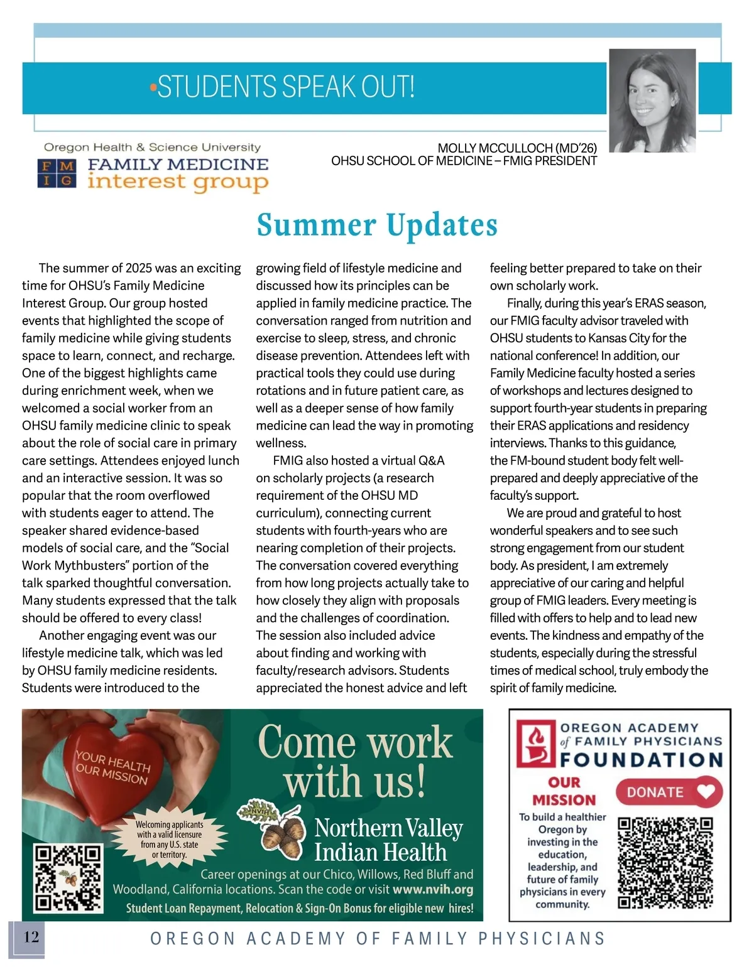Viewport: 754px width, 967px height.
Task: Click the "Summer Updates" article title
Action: tap(377, 225)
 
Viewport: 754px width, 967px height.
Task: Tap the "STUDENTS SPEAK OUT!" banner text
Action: tap(286, 87)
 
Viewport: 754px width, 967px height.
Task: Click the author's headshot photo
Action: tap(652, 100)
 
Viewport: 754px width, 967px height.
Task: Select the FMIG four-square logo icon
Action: tap(57, 173)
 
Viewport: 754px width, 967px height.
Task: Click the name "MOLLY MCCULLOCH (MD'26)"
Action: tap(516, 148)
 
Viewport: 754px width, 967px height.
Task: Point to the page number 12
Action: tap(31, 937)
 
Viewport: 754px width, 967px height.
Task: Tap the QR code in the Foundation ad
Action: tap(665, 862)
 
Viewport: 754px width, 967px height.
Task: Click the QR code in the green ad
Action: tap(68, 878)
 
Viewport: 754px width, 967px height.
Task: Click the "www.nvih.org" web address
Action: tap(432, 889)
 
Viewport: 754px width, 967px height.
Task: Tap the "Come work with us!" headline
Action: tap(355, 761)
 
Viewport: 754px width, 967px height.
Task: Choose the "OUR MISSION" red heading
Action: tap(564, 791)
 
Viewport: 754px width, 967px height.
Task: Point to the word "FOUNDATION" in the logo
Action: tap(642, 760)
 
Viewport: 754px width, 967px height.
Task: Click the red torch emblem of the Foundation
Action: tap(534, 744)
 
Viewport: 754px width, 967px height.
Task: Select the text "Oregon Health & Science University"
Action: tap(152, 148)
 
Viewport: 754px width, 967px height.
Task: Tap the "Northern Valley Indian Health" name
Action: tap(388, 840)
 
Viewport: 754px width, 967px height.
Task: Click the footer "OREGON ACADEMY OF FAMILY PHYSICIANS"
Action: tap(377, 938)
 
